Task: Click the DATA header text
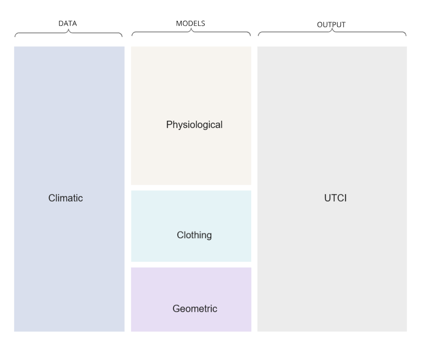pyautogui.click(x=68, y=23)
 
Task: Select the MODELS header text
pyautogui.click(x=190, y=23)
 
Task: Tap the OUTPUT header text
pyautogui.click(x=331, y=25)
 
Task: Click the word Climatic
pyautogui.click(x=66, y=198)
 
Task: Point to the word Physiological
pyautogui.click(x=194, y=125)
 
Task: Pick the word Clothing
pyautogui.click(x=194, y=235)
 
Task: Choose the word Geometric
pyautogui.click(x=195, y=308)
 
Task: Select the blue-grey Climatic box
pyautogui.click(x=69, y=121)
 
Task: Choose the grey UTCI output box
pyautogui.click(x=332, y=121)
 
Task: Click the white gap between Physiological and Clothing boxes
pyautogui.click(x=191, y=187)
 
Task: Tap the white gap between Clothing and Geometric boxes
pyautogui.click(x=191, y=264)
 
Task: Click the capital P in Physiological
pyautogui.click(x=169, y=125)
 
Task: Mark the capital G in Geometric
pyautogui.click(x=176, y=308)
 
